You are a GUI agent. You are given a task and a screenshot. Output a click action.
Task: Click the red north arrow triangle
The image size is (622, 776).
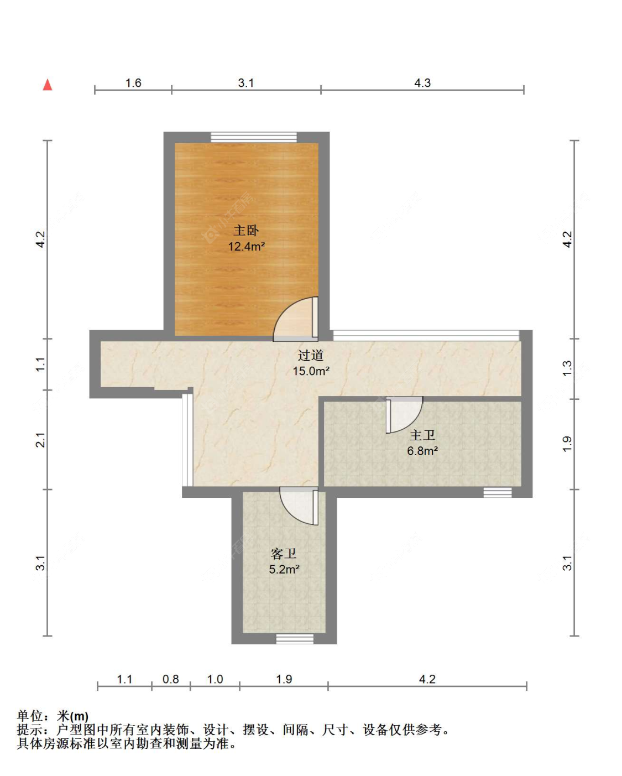(x=48, y=85)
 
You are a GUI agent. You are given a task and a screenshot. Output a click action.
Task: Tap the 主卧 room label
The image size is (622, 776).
(x=246, y=230)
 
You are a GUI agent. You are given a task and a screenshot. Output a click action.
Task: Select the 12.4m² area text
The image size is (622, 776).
(x=246, y=247)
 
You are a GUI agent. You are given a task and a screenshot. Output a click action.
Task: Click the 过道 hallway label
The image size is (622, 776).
(x=310, y=356)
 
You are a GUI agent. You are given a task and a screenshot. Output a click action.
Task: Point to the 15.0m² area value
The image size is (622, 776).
(x=311, y=371)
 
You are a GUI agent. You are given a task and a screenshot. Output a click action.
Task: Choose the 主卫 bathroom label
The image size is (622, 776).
(x=422, y=435)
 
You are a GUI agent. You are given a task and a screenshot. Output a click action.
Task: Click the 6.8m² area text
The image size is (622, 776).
(x=422, y=451)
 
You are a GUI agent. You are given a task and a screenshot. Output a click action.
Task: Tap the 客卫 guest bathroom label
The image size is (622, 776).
(x=284, y=554)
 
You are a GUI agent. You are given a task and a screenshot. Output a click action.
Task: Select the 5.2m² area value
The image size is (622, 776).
(x=284, y=569)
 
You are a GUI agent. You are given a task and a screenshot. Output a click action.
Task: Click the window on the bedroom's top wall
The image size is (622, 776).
(x=254, y=137)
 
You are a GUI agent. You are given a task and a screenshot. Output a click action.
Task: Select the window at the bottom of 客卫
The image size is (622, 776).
(x=295, y=639)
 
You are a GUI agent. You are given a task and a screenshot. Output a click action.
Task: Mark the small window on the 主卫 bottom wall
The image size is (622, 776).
(x=498, y=492)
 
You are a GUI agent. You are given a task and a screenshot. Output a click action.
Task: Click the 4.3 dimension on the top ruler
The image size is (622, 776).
(x=422, y=83)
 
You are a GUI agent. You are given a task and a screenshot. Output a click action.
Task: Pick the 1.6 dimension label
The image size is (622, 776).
(x=133, y=83)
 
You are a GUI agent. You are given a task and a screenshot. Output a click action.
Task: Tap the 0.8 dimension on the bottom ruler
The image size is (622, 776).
(x=171, y=679)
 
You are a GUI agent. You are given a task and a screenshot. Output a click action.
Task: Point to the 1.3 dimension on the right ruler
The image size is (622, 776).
(x=567, y=368)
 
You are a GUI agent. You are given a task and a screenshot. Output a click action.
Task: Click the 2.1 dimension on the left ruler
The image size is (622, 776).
(x=40, y=440)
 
